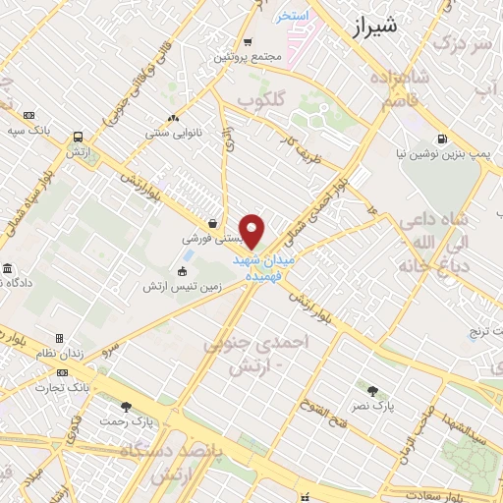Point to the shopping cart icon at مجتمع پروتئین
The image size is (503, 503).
pyautogui.click(x=247, y=42)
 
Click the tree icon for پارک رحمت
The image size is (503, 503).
pyautogui.click(x=125, y=406)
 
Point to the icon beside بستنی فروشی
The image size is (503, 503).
pyautogui.click(x=214, y=223)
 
